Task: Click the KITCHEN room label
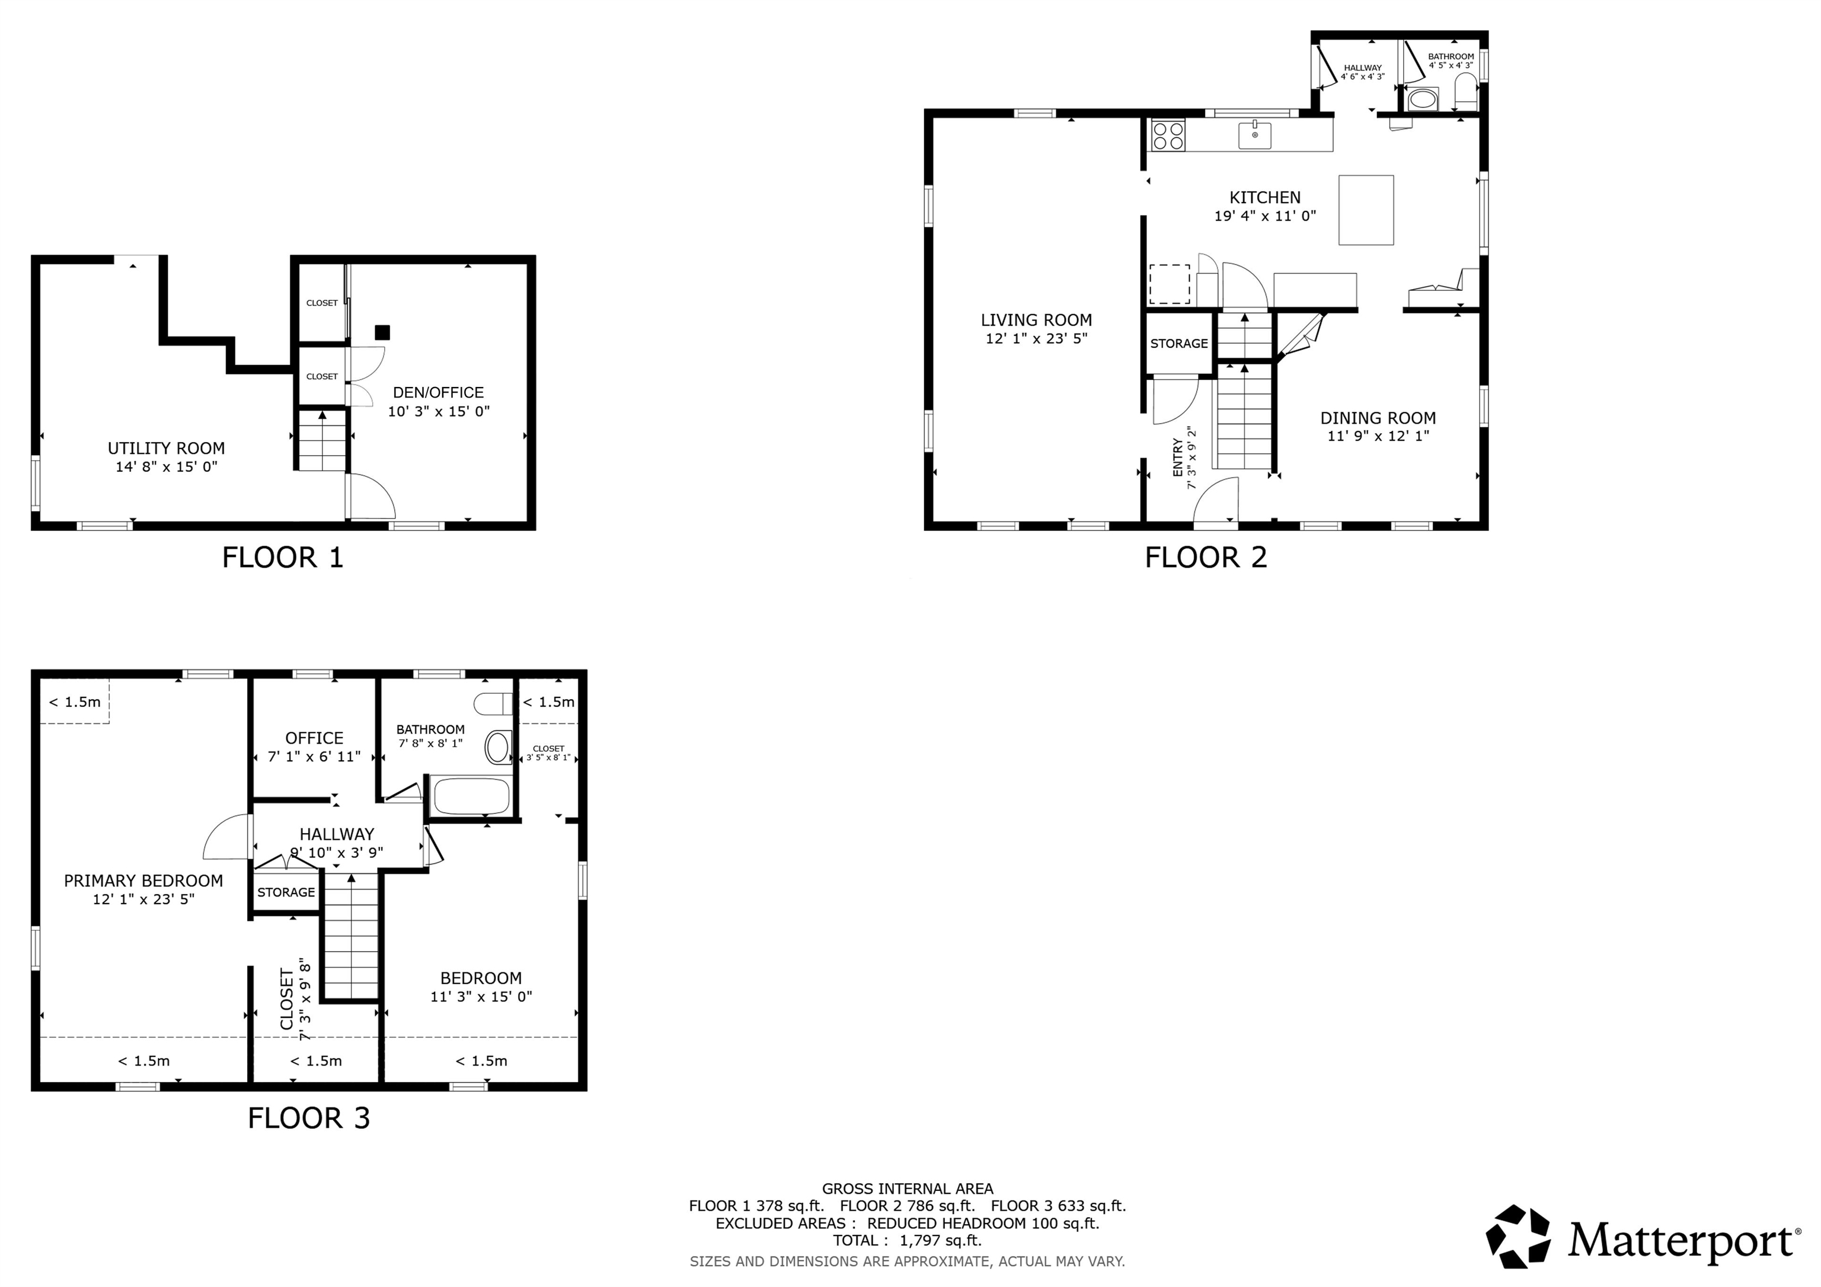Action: [1265, 197]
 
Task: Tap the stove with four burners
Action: [1168, 135]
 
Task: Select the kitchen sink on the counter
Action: [1255, 136]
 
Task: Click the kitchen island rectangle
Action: [1366, 210]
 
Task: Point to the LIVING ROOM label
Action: [1036, 321]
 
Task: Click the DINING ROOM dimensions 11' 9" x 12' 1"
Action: [1378, 436]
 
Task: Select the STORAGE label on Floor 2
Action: [1178, 343]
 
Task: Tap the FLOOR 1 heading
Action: [282, 558]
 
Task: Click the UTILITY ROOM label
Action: [167, 448]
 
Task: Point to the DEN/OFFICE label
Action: [439, 392]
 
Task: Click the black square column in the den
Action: [382, 332]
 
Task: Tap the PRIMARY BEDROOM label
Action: [143, 880]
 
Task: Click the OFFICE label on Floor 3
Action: [314, 738]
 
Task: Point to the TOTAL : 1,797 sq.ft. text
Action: [906, 1240]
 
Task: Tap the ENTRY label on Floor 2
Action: [1178, 459]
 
